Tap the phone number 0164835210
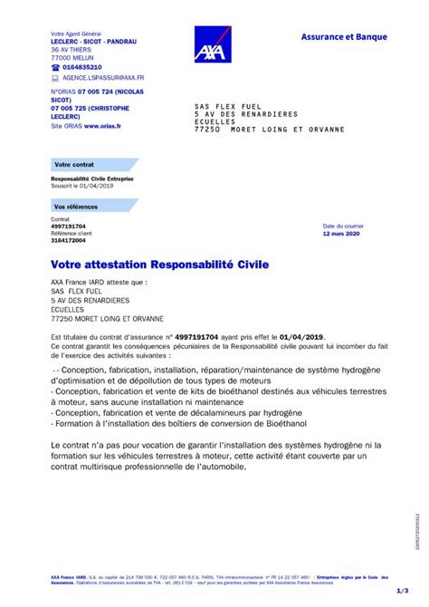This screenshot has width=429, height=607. pyautogui.click(x=82, y=67)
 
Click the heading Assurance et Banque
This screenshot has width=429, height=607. pyautogui.click(x=343, y=36)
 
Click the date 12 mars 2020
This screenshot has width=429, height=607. pyautogui.click(x=340, y=233)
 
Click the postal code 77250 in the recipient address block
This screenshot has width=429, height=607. pyautogui.click(x=207, y=130)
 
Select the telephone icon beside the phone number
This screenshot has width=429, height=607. pyautogui.click(x=55, y=67)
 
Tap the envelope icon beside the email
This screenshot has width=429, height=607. pyautogui.click(x=55, y=78)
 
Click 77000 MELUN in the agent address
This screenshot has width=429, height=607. pyautogui.click(x=71, y=57)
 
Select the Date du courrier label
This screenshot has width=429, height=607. pyautogui.click(x=340, y=226)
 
